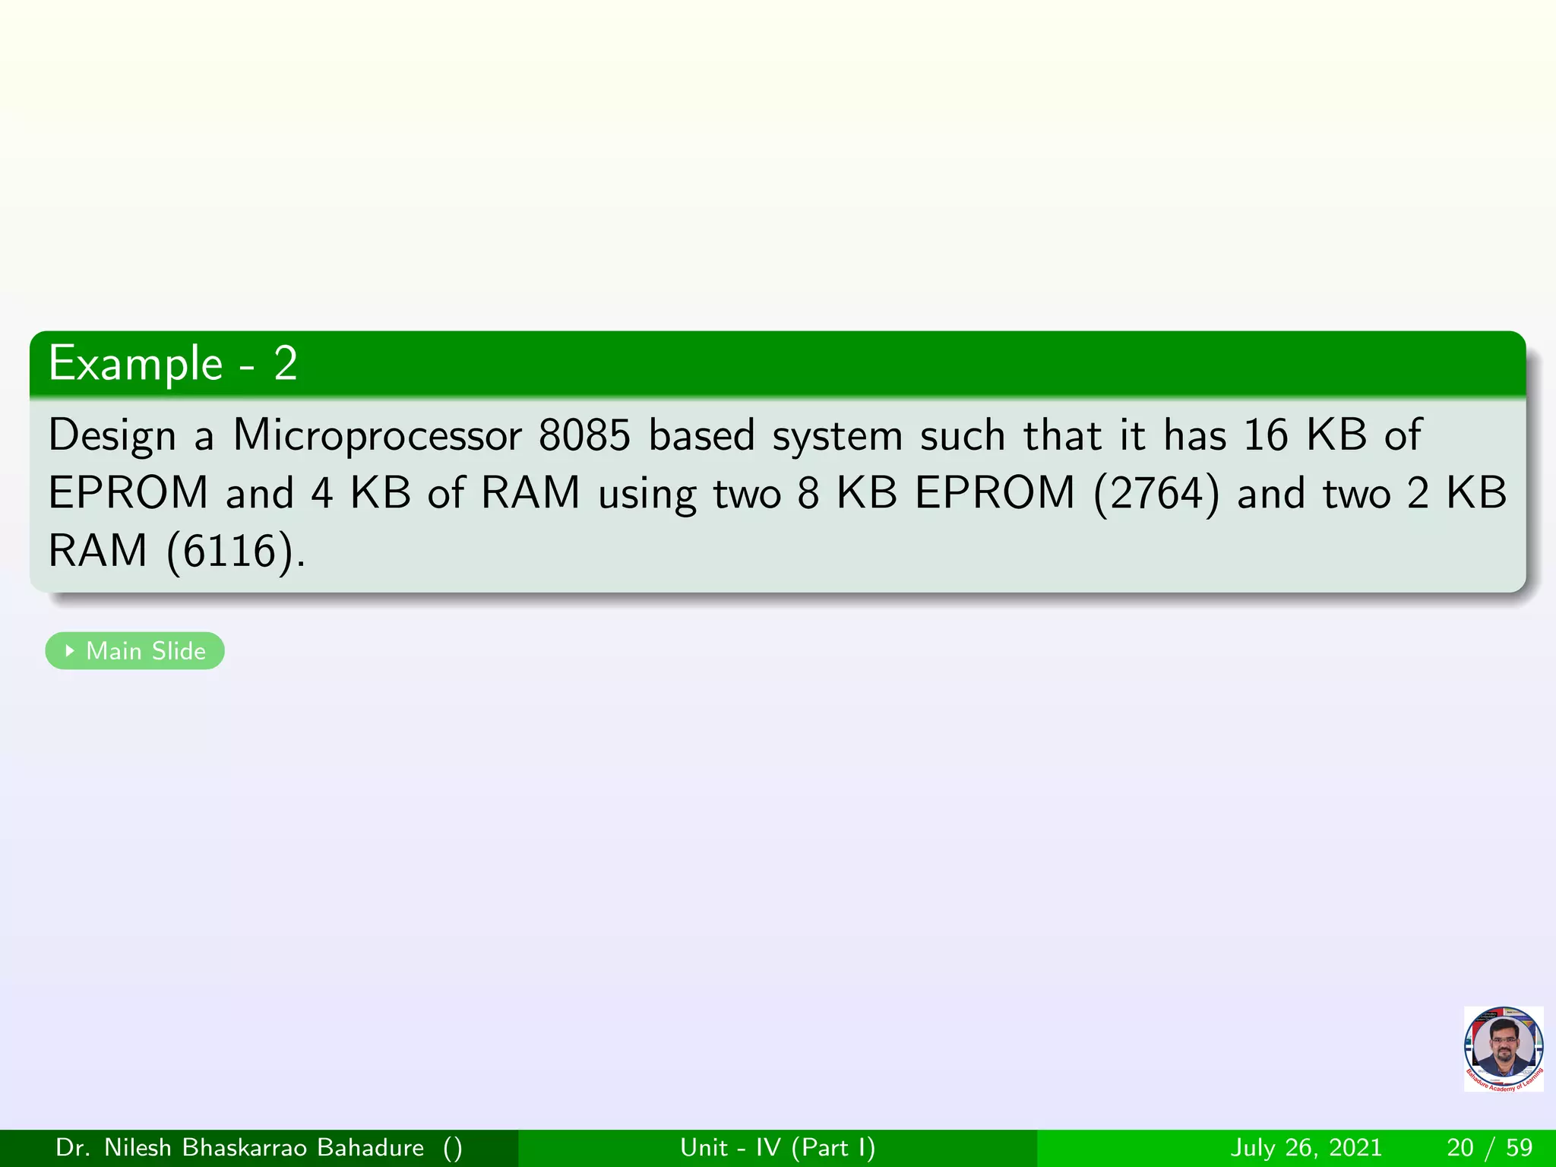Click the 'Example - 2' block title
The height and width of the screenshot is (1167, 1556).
172,364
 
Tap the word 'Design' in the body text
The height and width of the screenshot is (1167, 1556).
112,436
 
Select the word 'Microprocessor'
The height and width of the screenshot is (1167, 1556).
377,436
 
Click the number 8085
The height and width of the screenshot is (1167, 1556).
584,436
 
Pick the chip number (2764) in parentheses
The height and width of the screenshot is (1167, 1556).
1156,493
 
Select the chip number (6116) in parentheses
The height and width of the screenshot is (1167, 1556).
230,551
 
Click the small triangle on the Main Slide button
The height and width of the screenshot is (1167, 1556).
70,650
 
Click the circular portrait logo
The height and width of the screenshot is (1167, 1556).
1503,1049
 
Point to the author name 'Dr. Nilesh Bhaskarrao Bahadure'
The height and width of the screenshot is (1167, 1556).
239,1147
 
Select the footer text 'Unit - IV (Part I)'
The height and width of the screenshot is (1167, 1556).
777,1147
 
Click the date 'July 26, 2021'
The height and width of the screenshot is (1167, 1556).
1306,1147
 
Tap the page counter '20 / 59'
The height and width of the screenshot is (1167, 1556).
1490,1147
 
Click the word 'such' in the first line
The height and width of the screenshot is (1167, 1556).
963,435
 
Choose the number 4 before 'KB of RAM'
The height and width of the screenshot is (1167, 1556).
322,493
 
